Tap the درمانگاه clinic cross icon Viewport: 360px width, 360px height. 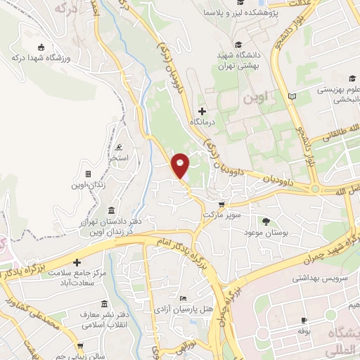pyautogui.click(x=202, y=111)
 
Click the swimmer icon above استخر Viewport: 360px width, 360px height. pyautogui.click(x=118, y=148)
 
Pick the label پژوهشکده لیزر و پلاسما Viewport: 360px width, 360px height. pyautogui.click(x=243, y=13)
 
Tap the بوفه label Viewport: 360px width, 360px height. pyautogui.click(x=304, y=330)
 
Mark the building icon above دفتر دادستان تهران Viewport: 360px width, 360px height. pyautogui.click(x=112, y=210)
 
